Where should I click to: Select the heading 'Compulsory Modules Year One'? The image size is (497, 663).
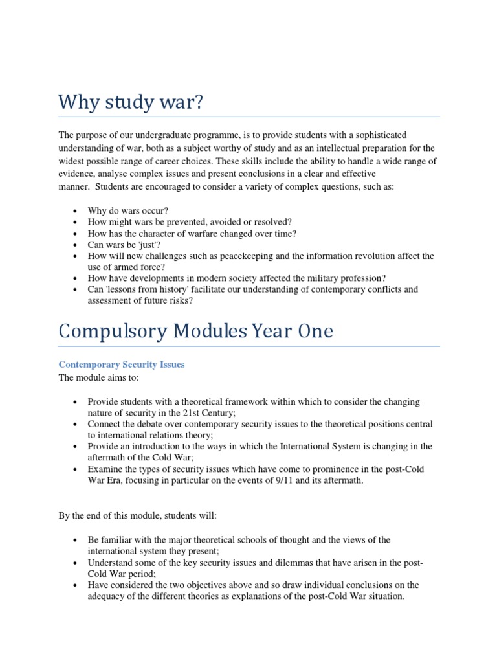tap(195, 331)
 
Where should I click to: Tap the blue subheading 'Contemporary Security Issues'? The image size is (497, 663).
tap(122, 365)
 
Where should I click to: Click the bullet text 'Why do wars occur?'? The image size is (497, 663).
tap(128, 211)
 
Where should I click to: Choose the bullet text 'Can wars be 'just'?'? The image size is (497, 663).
tap(125, 245)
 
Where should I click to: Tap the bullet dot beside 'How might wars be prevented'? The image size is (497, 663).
tap(76, 223)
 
